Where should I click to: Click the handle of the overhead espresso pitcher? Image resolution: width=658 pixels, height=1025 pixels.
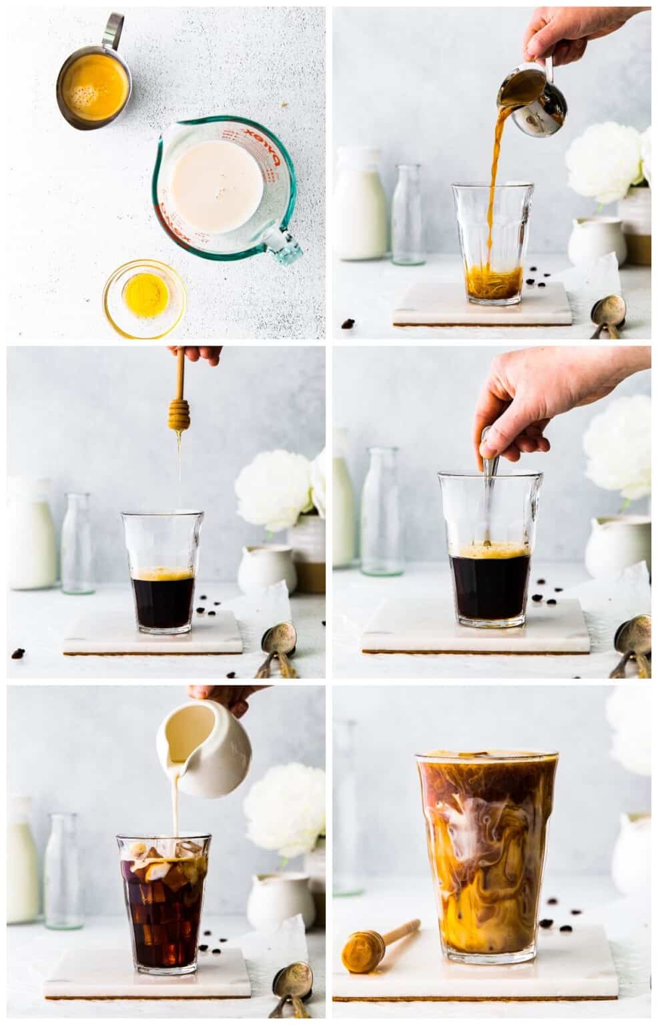(113, 30)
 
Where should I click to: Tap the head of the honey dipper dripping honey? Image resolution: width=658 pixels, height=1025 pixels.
(178, 414)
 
